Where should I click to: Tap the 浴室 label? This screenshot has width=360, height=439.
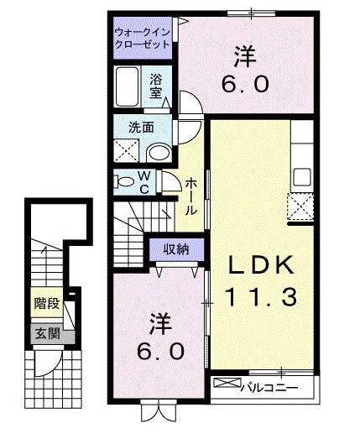(156, 86)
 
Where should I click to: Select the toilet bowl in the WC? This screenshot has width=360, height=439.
(124, 180)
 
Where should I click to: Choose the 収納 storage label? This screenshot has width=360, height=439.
(175, 249)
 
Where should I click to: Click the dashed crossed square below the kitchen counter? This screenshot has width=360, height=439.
(300, 206)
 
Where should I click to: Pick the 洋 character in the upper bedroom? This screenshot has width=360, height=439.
(244, 57)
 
